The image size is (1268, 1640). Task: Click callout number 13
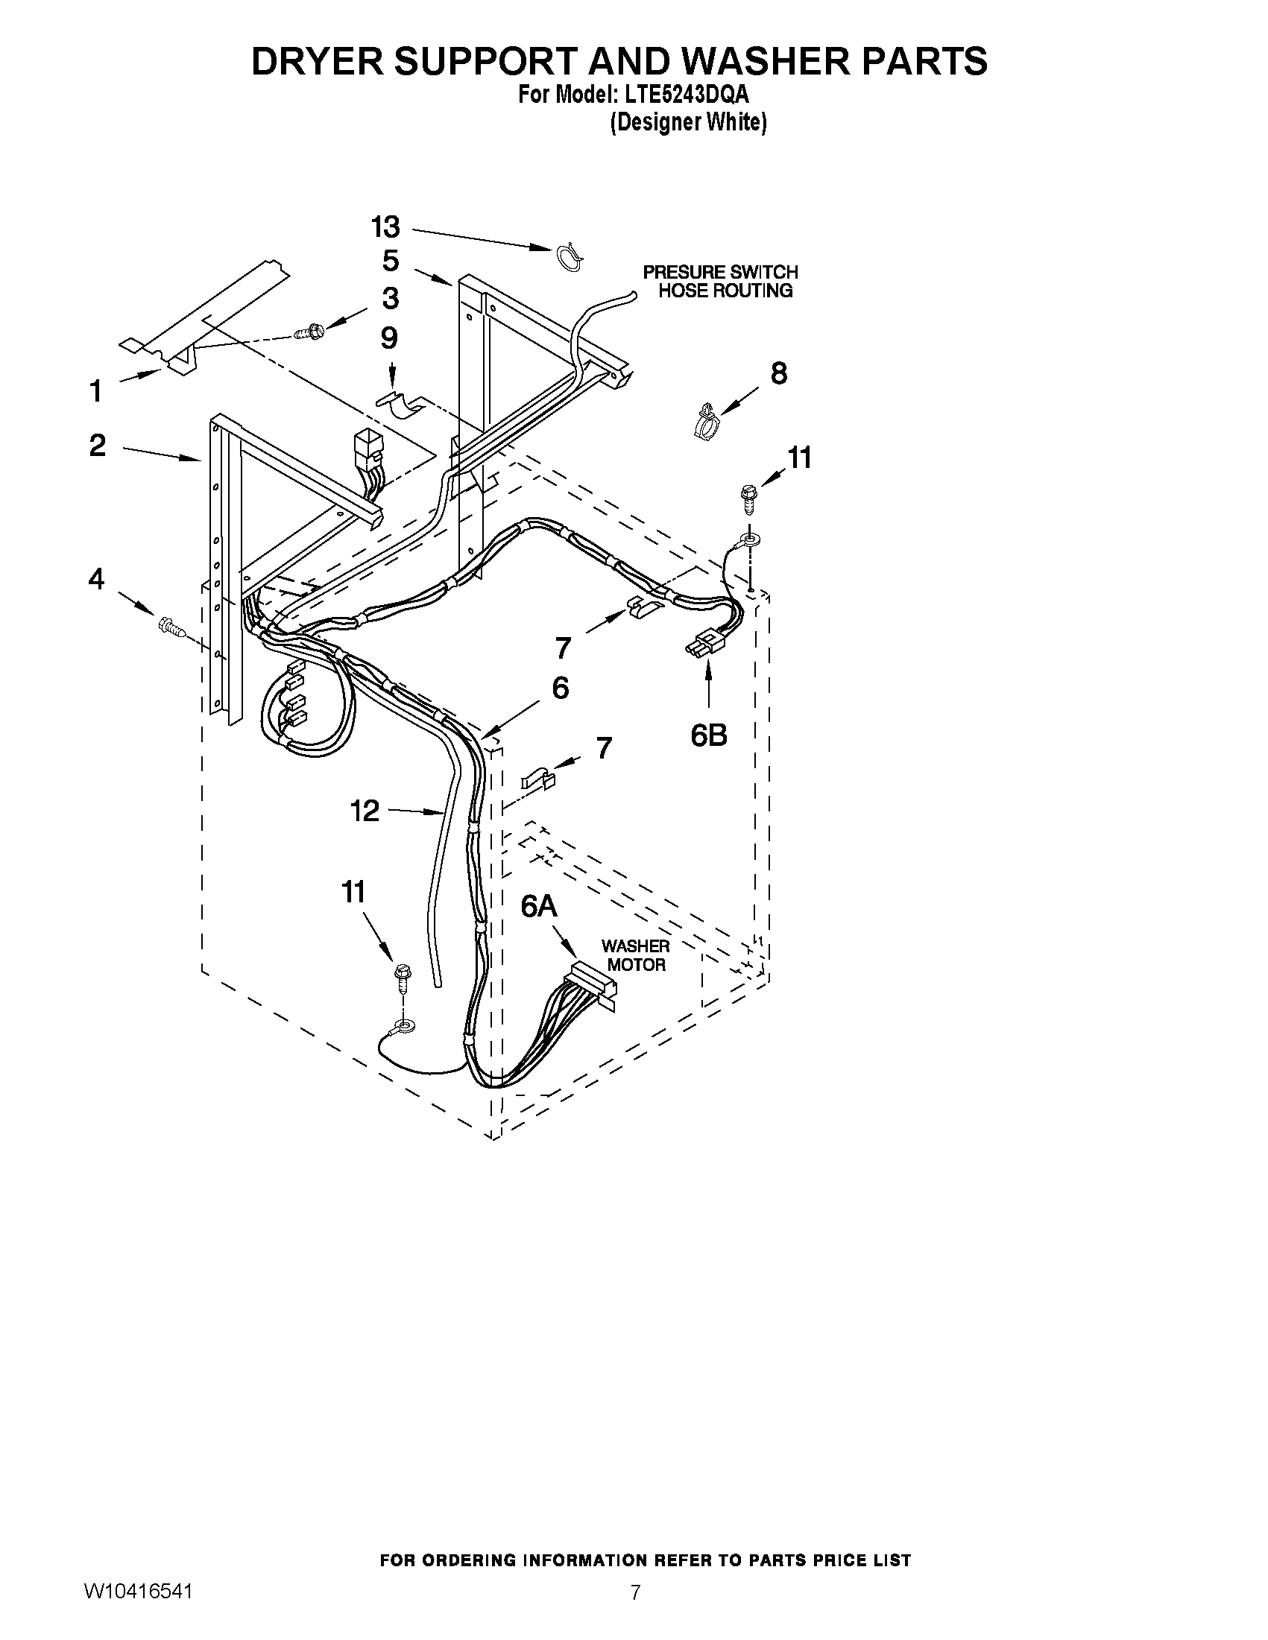pyautogui.click(x=385, y=227)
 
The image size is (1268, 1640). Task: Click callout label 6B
pyautogui.click(x=708, y=736)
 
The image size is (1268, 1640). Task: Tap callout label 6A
pyautogui.click(x=539, y=907)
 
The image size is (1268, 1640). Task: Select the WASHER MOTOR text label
pyautogui.click(x=636, y=955)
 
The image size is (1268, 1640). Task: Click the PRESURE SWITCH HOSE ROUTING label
pyautogui.click(x=720, y=282)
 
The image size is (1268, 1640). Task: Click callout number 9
pyautogui.click(x=389, y=338)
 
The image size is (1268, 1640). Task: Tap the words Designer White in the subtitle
pyautogui.click(x=688, y=122)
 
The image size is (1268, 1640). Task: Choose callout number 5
pyautogui.click(x=390, y=262)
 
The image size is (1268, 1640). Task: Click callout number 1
pyautogui.click(x=96, y=390)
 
